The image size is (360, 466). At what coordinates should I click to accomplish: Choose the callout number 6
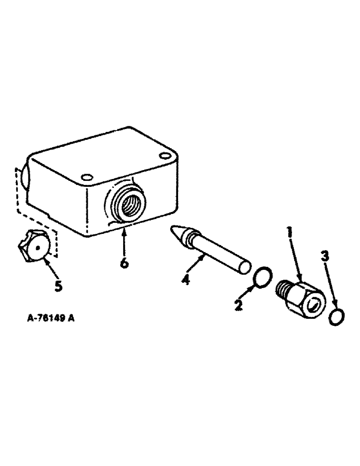(124, 263)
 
